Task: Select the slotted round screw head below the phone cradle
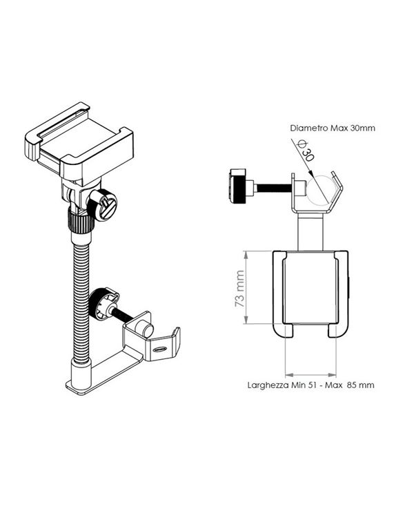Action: point(106,204)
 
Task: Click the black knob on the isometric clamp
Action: point(101,303)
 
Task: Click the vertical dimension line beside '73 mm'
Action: point(247,289)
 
